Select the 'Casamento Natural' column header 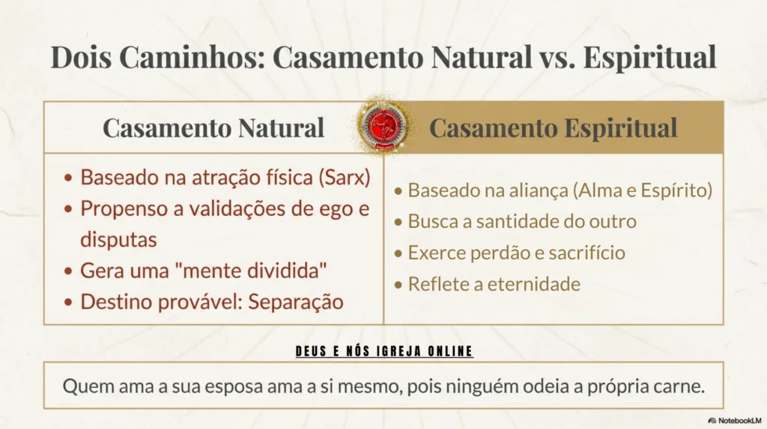(213, 127)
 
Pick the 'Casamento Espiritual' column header (554, 127)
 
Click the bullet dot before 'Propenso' (68, 210)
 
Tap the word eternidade (534, 284)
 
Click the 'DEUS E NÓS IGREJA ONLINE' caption (384, 351)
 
